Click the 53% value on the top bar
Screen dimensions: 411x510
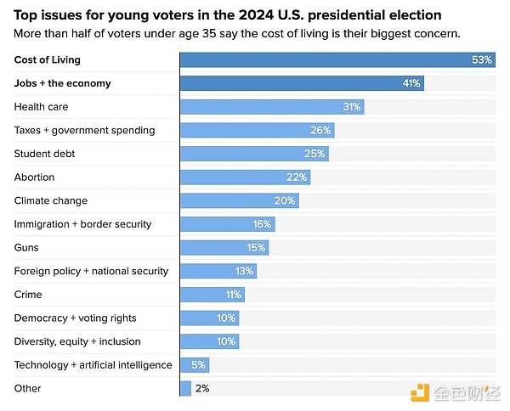point(482,60)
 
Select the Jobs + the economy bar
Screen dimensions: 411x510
point(302,83)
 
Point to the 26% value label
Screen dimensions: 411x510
point(320,131)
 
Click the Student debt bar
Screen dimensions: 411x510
point(253,154)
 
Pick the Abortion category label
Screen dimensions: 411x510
point(34,177)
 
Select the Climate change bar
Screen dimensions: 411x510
point(239,201)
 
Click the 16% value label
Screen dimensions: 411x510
point(262,224)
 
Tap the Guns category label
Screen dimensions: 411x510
point(26,248)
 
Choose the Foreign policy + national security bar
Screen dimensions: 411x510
point(218,272)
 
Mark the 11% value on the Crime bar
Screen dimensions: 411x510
point(233,295)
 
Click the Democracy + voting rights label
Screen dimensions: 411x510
point(76,318)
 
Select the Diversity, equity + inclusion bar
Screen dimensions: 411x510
point(209,341)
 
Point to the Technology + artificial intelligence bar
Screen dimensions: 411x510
point(194,365)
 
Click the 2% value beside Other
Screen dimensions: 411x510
point(202,389)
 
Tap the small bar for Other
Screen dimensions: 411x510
point(185,389)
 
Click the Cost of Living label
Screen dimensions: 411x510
point(47,60)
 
